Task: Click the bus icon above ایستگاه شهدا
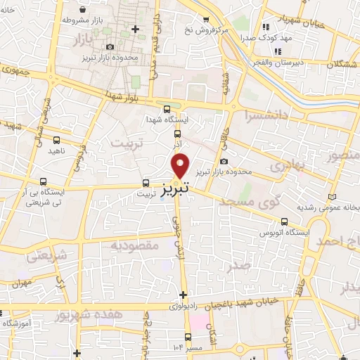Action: pos(166,109)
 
